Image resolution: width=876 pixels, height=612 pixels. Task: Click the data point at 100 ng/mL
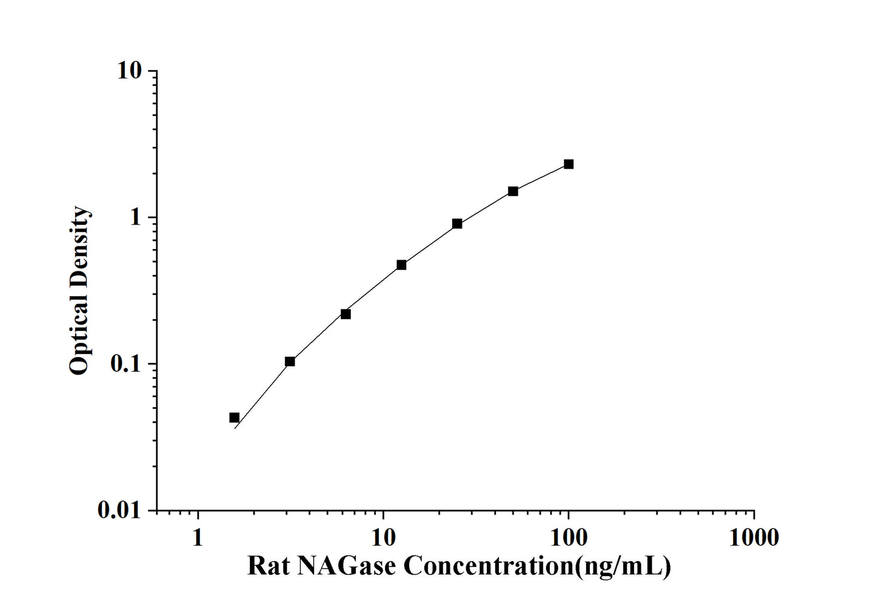pos(568,164)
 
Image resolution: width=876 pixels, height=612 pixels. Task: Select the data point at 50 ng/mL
pos(513,191)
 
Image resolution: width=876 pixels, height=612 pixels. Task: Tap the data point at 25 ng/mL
pos(457,224)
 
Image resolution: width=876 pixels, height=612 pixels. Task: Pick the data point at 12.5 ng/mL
pos(401,265)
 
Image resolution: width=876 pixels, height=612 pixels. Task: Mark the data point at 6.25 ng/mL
pos(346,314)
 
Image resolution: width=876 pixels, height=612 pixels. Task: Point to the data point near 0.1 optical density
pos(290,361)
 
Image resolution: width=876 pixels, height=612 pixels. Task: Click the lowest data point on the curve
pos(234,417)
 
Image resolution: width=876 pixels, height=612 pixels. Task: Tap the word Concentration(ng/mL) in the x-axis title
pos(537,567)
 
